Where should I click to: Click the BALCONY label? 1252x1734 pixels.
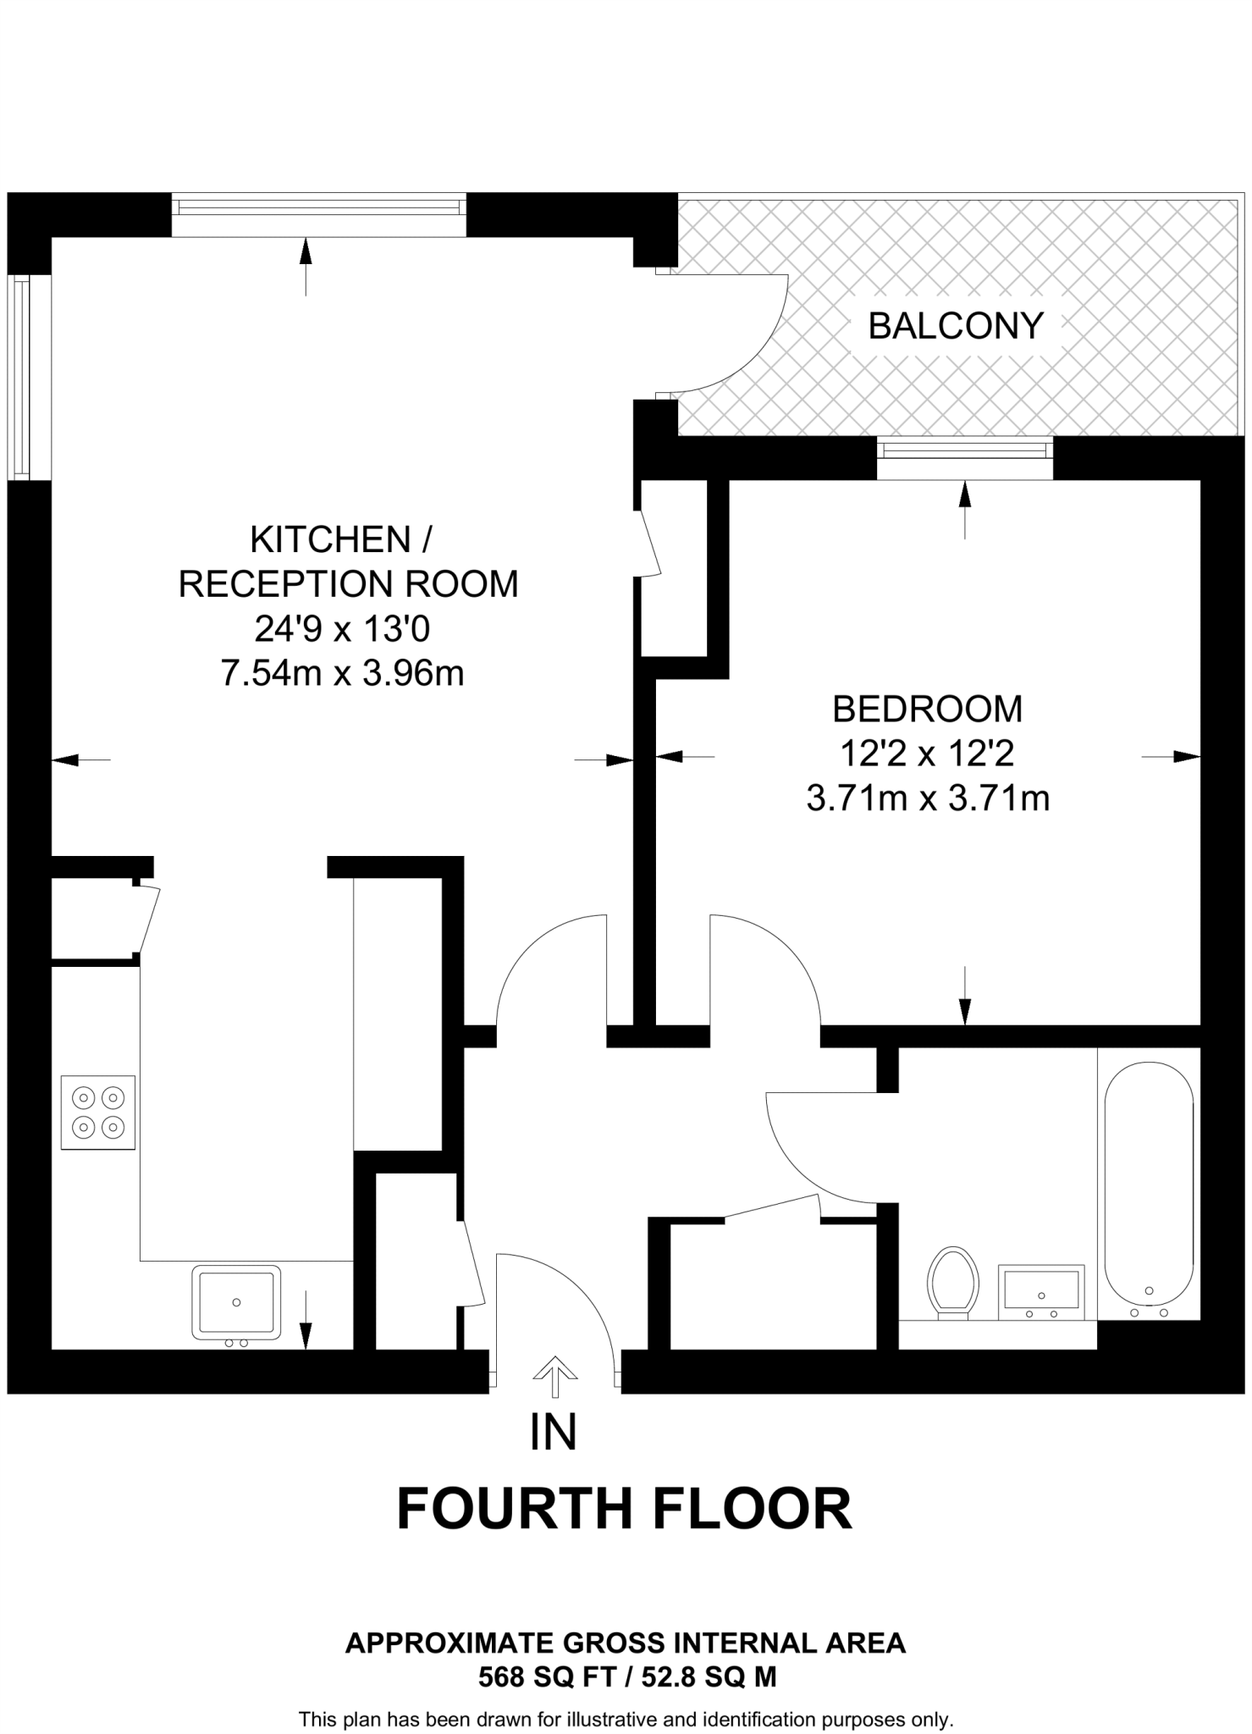coord(955,326)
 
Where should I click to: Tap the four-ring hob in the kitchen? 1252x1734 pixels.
coord(98,1112)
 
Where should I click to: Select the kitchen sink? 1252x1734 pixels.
coord(236,1302)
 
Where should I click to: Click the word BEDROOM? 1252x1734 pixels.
coord(927,710)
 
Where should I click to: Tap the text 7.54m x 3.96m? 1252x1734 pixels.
coord(342,674)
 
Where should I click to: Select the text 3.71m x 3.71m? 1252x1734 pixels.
coord(928,798)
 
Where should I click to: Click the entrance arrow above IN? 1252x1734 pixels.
coord(554,1377)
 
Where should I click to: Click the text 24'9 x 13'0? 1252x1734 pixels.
coord(342,629)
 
